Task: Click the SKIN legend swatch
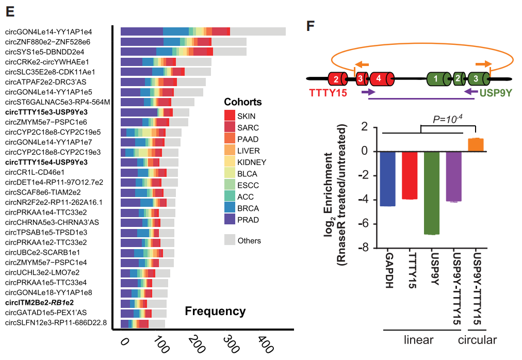(x=231, y=116)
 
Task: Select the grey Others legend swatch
(x=231, y=240)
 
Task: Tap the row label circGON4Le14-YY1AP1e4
(x=56, y=32)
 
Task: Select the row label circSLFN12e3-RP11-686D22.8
(x=56, y=323)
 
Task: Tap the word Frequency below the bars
(x=215, y=311)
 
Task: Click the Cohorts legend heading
(x=242, y=102)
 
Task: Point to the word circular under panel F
(x=477, y=340)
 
